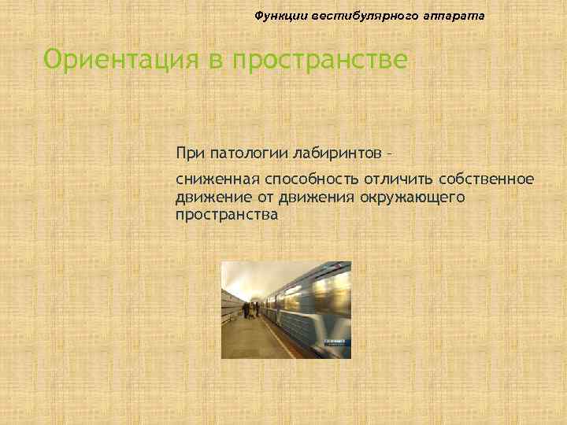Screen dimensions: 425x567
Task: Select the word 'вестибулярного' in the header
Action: coord(354,16)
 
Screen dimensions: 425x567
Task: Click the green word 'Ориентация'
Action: coord(110,59)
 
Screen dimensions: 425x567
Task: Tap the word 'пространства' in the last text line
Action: coord(227,213)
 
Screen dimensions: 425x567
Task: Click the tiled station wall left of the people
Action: coord(232,307)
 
